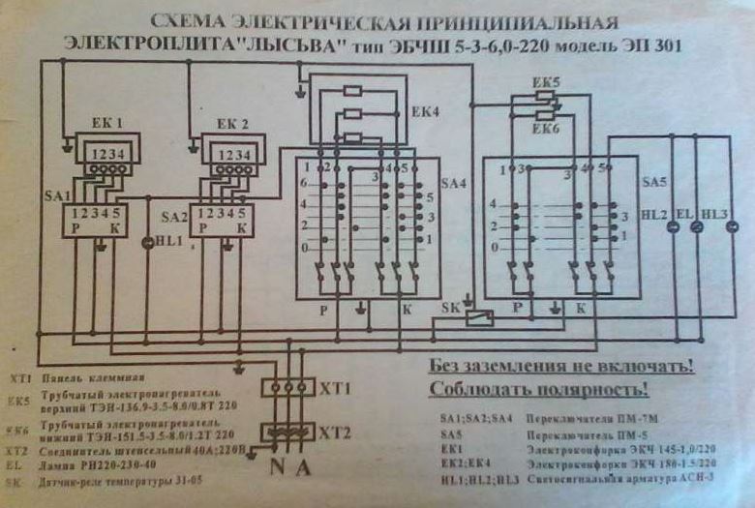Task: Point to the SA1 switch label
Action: pos(54,195)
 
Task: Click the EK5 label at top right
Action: pos(547,84)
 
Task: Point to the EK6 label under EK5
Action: pos(547,128)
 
